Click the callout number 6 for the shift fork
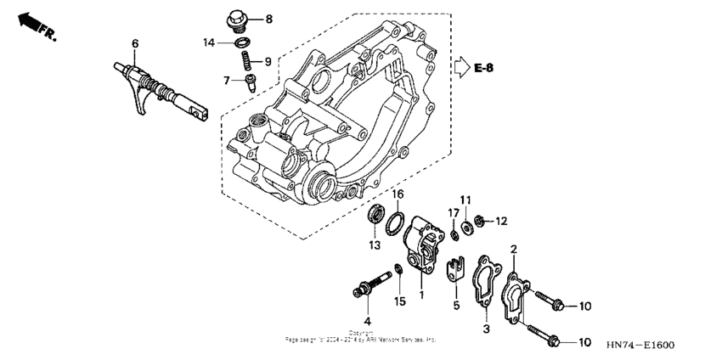tap(134, 43)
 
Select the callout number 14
tap(209, 42)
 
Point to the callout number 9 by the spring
tap(268, 61)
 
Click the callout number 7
tap(227, 80)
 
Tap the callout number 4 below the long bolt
tap(367, 320)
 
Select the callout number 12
tap(500, 221)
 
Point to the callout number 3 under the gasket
tap(487, 328)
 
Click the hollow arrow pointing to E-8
tap(460, 66)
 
